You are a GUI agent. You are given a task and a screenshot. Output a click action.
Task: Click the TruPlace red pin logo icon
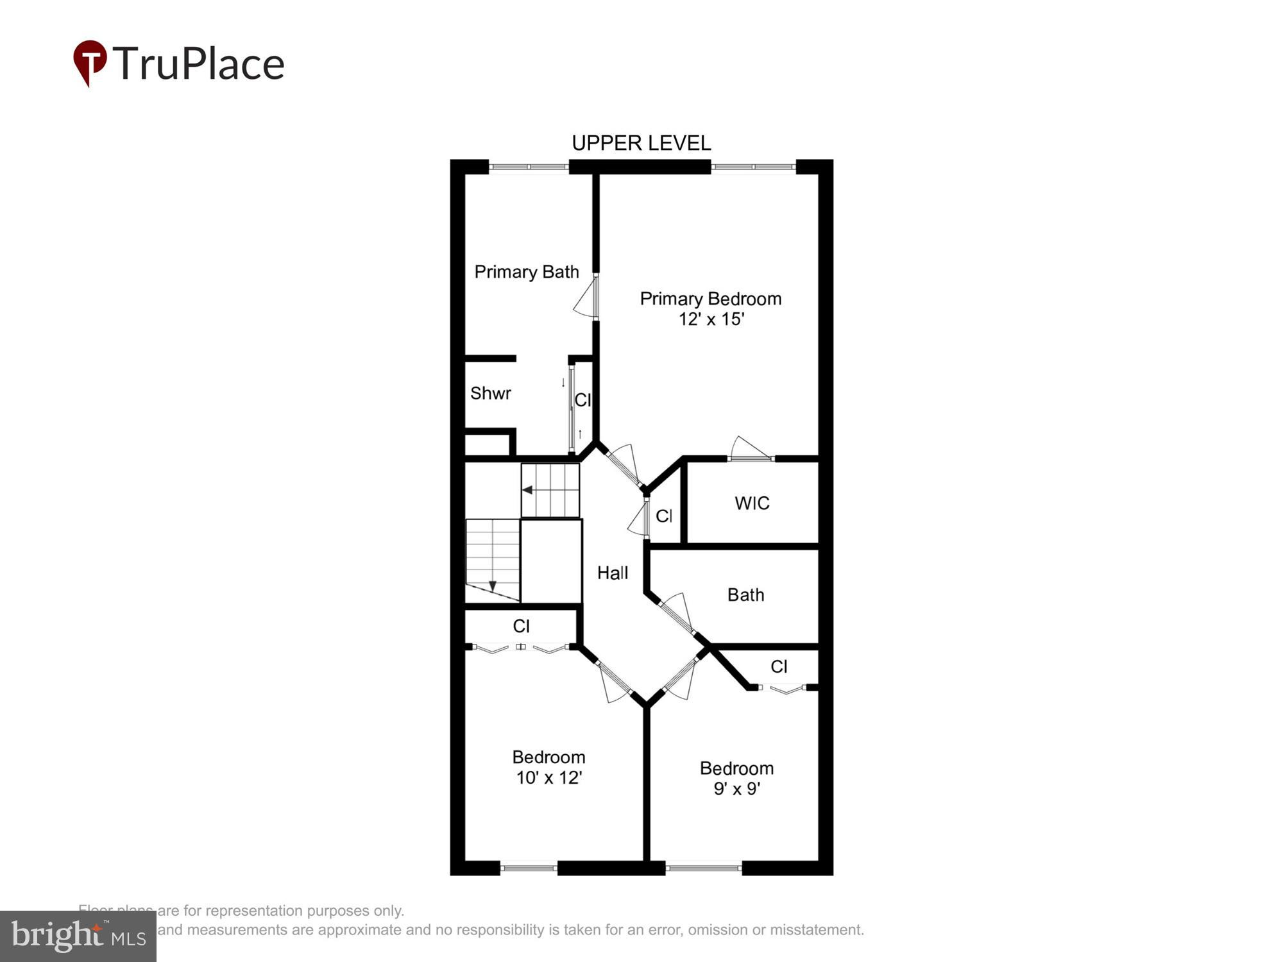click(x=89, y=62)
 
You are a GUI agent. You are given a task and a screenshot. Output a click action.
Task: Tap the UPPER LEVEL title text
click(x=641, y=143)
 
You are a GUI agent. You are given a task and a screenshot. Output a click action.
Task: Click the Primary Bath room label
click(x=526, y=272)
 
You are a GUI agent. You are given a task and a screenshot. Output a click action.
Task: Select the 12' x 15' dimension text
click(x=711, y=319)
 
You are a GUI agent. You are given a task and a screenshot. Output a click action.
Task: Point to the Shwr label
click(x=490, y=393)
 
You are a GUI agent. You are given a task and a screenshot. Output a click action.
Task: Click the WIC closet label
click(x=752, y=503)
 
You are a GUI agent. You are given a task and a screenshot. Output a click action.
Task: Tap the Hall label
click(x=612, y=573)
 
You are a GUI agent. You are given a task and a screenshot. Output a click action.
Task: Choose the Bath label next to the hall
click(x=745, y=595)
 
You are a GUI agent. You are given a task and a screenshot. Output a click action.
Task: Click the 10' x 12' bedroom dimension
click(x=548, y=778)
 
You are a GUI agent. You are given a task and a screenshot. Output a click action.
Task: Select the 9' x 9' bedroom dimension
click(x=736, y=789)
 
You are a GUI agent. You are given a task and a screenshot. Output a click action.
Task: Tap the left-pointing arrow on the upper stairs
click(x=527, y=490)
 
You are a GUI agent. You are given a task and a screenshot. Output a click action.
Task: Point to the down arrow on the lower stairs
click(x=493, y=586)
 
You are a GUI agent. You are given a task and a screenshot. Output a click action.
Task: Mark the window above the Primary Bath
click(x=529, y=167)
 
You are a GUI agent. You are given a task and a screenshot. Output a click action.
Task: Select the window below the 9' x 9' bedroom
click(x=703, y=868)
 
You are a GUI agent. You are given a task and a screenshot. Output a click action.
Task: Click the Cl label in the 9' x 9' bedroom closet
click(x=779, y=667)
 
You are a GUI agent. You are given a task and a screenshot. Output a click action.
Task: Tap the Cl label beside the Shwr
click(x=582, y=400)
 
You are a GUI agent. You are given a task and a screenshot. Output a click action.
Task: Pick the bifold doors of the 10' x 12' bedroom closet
click(x=521, y=648)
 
